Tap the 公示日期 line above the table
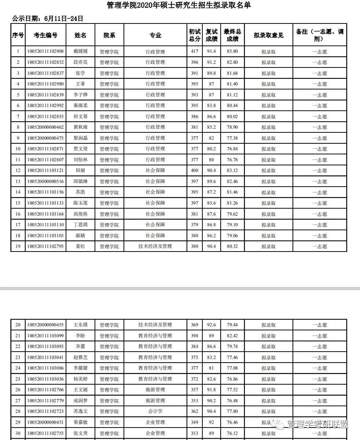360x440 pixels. click(48, 18)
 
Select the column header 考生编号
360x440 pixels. click(45, 35)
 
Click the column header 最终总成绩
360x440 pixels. click(232, 35)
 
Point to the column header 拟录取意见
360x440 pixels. click(268, 35)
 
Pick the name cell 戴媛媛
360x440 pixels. click(81, 52)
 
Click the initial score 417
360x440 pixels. click(194, 52)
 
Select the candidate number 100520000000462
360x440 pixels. click(45, 127)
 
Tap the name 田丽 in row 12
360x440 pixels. click(81, 170)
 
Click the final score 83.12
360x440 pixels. click(232, 170)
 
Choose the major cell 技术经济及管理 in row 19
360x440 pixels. click(155, 246)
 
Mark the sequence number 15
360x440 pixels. click(18, 203)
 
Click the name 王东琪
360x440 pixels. click(81, 325)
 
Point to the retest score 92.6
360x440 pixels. click(212, 325)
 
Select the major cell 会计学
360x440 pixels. click(155, 411)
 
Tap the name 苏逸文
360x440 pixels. click(81, 411)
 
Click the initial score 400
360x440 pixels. click(194, 170)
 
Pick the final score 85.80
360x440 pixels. click(232, 52)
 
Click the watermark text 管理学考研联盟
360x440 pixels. click(317, 425)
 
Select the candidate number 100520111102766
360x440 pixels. click(45, 390)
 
